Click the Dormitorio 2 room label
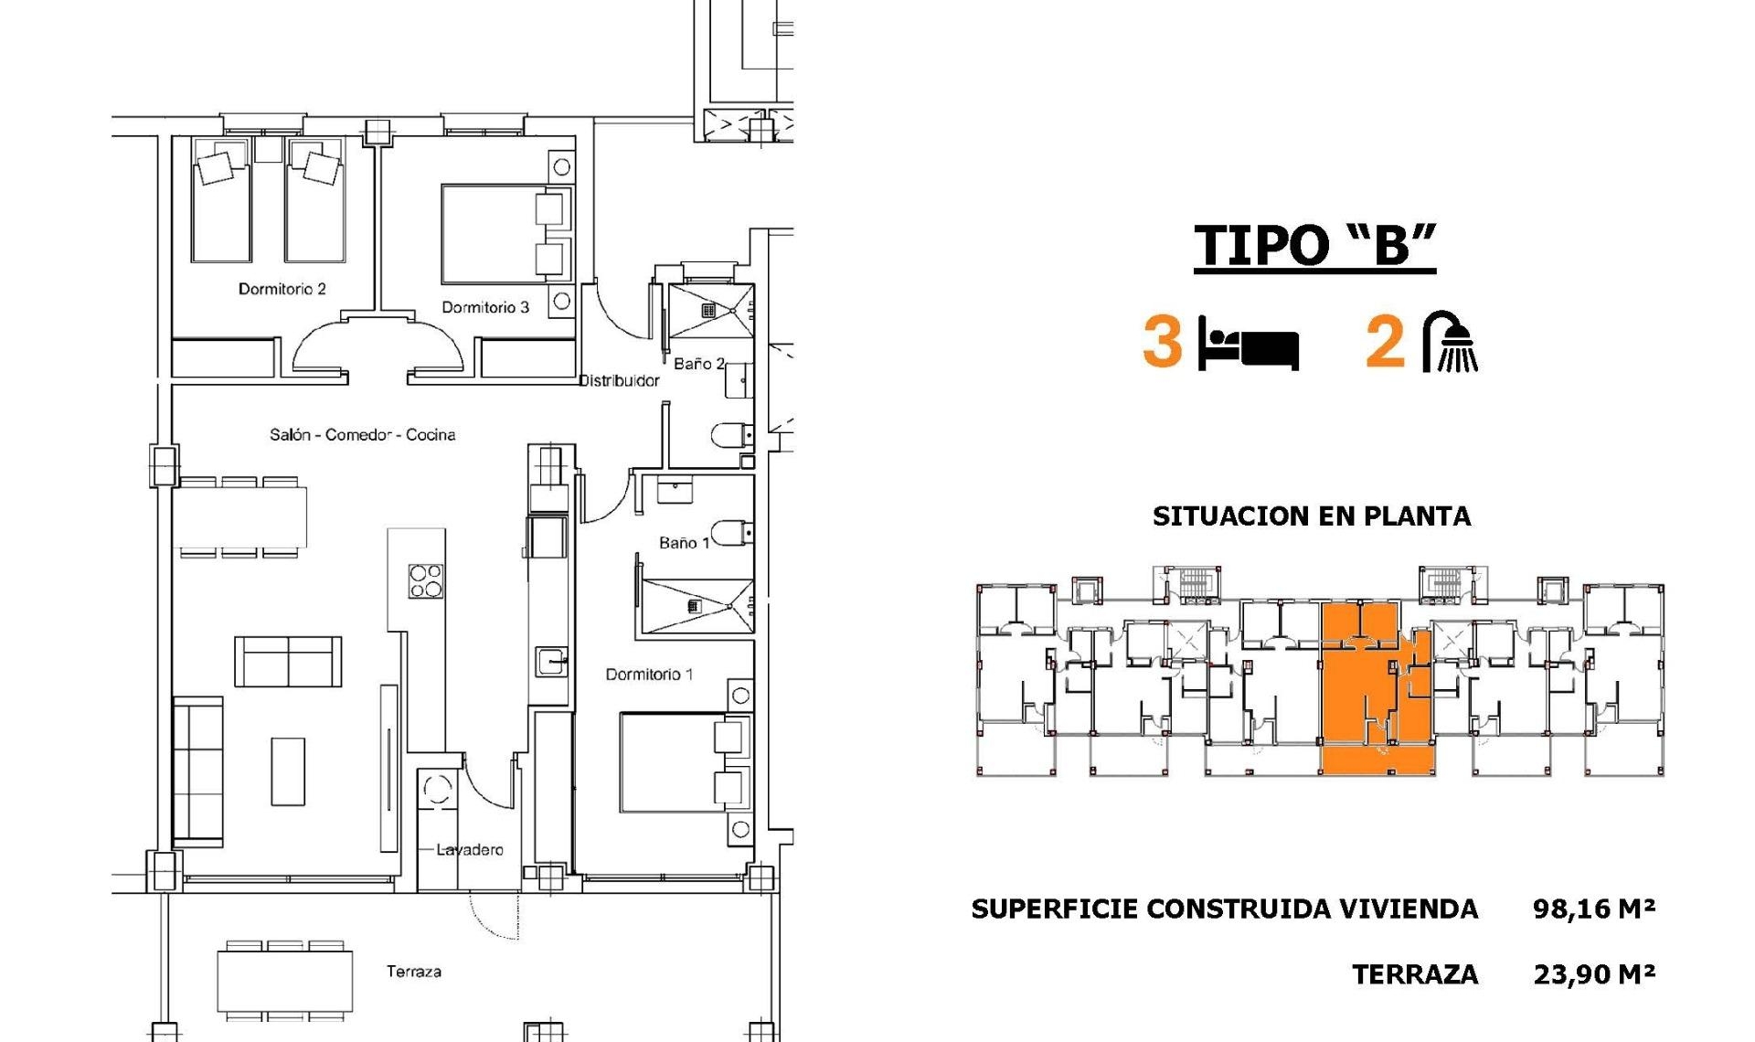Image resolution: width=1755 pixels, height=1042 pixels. tap(282, 289)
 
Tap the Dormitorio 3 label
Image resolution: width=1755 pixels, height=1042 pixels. tap(485, 307)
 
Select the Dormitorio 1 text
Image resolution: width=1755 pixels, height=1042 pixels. tap(649, 675)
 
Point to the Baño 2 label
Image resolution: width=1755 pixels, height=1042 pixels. tap(698, 364)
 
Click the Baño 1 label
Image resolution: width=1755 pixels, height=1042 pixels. tap(684, 543)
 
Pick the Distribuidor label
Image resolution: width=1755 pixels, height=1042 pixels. tap(619, 380)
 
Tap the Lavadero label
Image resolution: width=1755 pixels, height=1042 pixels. tap(469, 849)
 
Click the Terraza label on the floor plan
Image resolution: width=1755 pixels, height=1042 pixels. tap(413, 972)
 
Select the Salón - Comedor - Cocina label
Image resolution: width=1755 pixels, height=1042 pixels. tap(362, 434)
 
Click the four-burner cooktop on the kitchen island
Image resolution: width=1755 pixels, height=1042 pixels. tap(425, 581)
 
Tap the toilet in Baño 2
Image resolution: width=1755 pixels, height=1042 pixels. tap(731, 435)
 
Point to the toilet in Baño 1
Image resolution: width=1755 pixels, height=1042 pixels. tap(731, 532)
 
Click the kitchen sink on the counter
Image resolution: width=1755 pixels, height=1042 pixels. tap(551, 661)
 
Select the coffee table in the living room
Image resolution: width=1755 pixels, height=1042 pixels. tap(288, 771)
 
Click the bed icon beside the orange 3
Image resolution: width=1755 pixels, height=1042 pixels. tap(1248, 343)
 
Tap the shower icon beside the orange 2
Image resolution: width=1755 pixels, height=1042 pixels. tap(1451, 342)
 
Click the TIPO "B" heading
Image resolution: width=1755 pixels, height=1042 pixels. tap(1314, 245)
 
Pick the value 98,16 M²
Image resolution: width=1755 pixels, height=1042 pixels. tap(1593, 909)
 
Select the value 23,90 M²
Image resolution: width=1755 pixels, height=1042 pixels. tap(1593, 974)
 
